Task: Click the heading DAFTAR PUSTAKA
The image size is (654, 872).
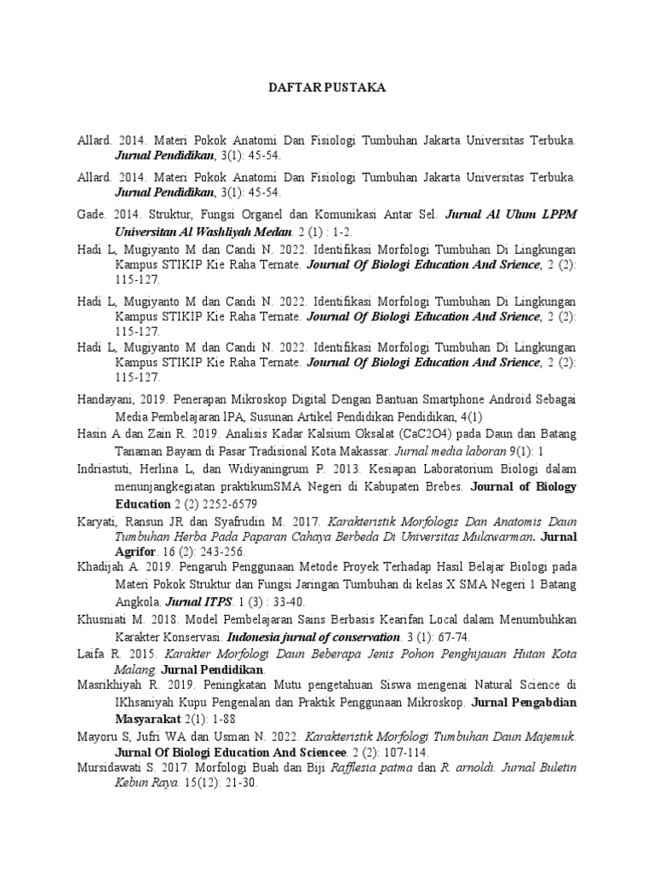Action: coord(327,88)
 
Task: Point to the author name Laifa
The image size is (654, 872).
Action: coord(89,654)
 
